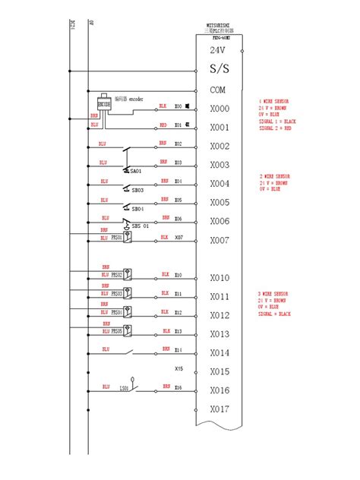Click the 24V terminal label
pos(217,50)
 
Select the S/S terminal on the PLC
pos(219,70)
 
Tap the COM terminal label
pos(217,89)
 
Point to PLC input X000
pos(219,109)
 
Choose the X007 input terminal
pos(219,240)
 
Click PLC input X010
pos(219,278)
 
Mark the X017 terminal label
pos(219,409)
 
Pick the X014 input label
pos(219,353)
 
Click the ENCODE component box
pos(105,104)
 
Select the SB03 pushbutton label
pos(137,190)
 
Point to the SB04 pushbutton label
pos(137,209)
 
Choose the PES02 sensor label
pos(117,274)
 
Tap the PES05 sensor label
pos(117,331)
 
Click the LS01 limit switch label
pos(122,387)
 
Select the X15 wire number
pos(178,369)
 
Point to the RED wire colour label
pos(163,125)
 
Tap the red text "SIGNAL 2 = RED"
pos(274,128)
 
